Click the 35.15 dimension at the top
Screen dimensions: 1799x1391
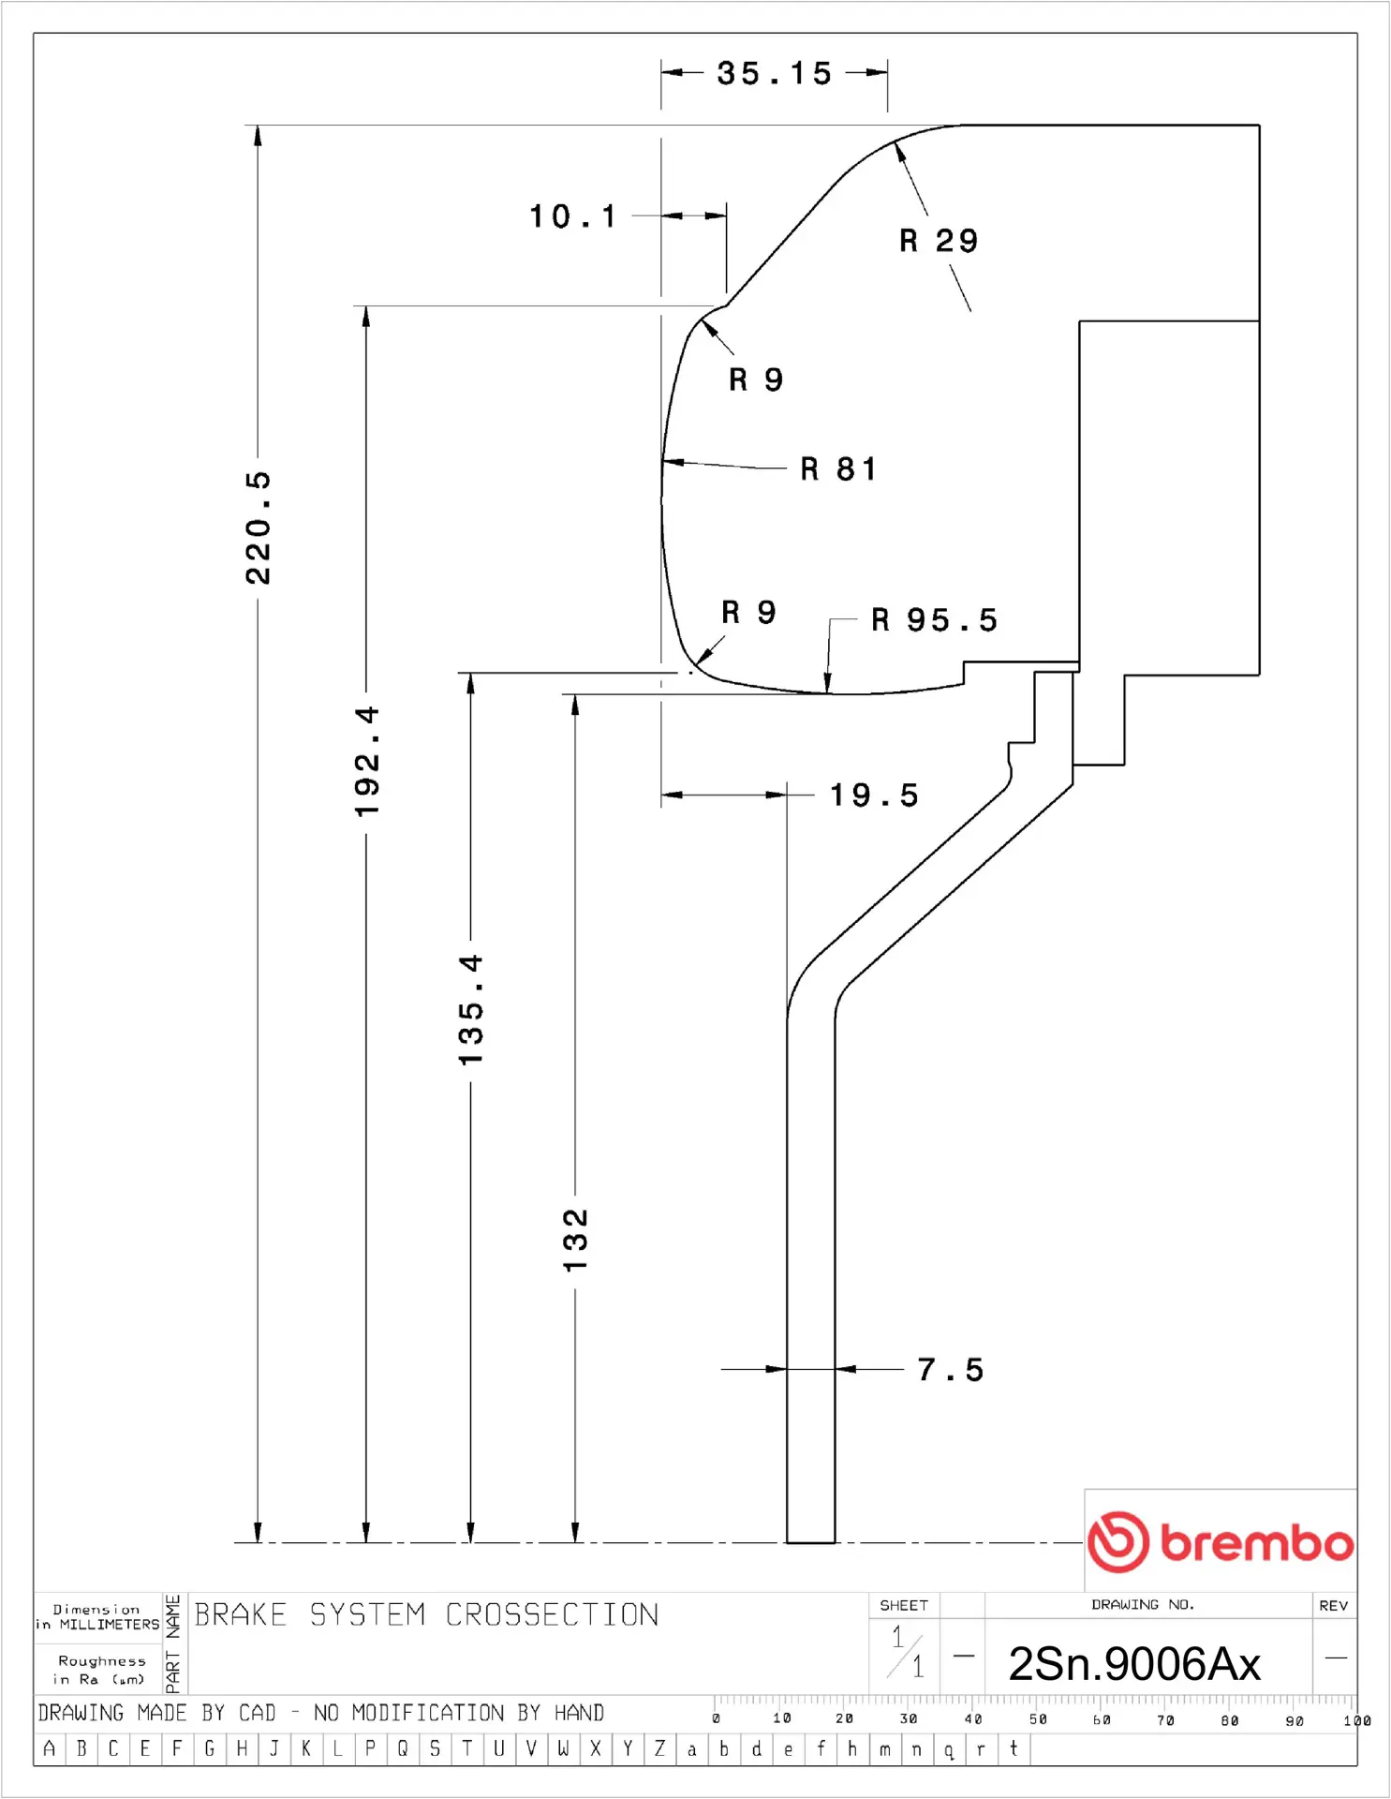pyautogui.click(x=774, y=73)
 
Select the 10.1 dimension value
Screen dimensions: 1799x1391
pyautogui.click(x=572, y=216)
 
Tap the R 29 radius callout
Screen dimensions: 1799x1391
pyautogui.click(x=939, y=241)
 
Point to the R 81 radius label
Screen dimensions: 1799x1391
pyautogui.click(x=838, y=468)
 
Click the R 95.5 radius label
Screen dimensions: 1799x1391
pyautogui.click(x=934, y=619)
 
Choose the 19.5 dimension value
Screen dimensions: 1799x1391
pyautogui.click(x=874, y=795)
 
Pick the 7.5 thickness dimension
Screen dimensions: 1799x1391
pyautogui.click(x=950, y=1370)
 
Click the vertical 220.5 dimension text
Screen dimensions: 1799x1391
pyautogui.click(x=258, y=528)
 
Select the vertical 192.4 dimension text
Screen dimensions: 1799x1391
pyautogui.click(x=366, y=762)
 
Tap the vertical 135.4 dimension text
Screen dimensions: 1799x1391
pyautogui.click(x=470, y=1010)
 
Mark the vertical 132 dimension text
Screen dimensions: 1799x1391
pyautogui.click(x=575, y=1241)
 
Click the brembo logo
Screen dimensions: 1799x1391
pyautogui.click(x=1221, y=1541)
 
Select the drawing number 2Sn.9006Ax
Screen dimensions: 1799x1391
pyautogui.click(x=1134, y=1664)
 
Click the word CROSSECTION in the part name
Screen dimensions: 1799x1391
pyautogui.click(x=552, y=1614)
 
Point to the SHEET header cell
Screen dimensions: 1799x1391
pyautogui.click(x=903, y=1605)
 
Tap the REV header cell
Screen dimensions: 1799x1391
pyautogui.click(x=1333, y=1605)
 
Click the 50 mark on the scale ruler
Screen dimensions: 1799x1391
pyautogui.click(x=1038, y=1719)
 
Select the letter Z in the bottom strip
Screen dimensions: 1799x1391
pyautogui.click(x=659, y=1748)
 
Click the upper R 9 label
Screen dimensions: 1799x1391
pyautogui.click(x=755, y=379)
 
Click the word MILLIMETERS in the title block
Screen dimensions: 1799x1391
pyautogui.click(x=110, y=1625)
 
